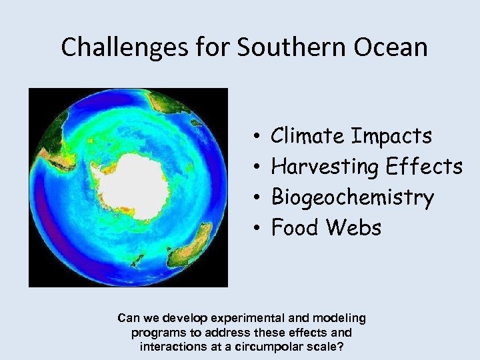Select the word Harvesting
click(x=325, y=167)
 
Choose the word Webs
click(x=354, y=228)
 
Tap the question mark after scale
click(x=344, y=347)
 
